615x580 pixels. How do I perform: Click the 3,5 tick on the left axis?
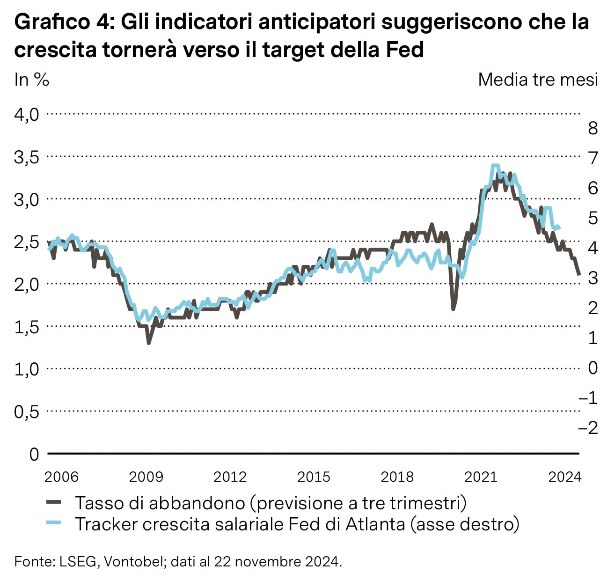tap(27, 157)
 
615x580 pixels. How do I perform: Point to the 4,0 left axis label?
tap(27, 115)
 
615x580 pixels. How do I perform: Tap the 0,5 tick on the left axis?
tap(27, 412)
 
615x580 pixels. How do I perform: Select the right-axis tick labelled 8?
tap(593, 128)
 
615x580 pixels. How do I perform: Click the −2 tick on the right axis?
tap(588, 427)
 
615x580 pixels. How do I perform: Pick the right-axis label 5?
tap(593, 218)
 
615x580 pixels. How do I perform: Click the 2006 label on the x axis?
tap(61, 477)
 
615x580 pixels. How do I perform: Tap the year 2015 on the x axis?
tap(314, 477)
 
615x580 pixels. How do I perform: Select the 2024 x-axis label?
tap(564, 477)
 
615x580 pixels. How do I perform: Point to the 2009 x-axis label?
tap(146, 477)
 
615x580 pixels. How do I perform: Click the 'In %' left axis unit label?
tap(31, 80)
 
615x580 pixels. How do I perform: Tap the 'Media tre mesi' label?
tap(538, 80)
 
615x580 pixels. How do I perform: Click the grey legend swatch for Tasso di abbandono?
tap(54, 502)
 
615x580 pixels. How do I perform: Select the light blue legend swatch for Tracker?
tap(54, 523)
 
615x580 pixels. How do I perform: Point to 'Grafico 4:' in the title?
tap(65, 22)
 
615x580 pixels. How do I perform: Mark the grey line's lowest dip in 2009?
tap(149, 343)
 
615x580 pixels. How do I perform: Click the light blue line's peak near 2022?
tap(495, 166)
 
